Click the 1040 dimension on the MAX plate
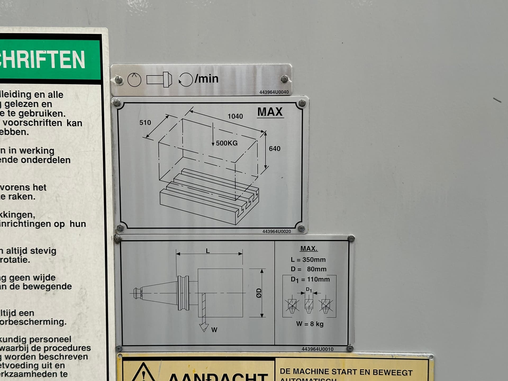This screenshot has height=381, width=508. coord(235,116)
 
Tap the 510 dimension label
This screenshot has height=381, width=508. coord(145,123)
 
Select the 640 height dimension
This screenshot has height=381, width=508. coord(274,149)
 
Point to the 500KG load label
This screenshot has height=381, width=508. coord(226,143)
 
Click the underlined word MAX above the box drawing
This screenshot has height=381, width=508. coord(270,112)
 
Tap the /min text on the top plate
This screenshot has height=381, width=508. coord(207,79)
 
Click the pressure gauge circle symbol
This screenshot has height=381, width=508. coord(134,80)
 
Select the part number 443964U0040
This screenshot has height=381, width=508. coord(274,92)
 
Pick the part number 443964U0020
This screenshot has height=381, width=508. coord(276,231)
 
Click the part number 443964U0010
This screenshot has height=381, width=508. coord(317,349)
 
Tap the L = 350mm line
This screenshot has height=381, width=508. coord(308,260)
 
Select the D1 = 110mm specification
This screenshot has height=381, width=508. coord(310,279)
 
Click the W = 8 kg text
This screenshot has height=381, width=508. coord(310,324)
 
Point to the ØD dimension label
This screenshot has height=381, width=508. coord(259,293)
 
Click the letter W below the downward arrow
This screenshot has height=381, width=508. coord(214,330)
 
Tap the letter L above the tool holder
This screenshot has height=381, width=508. coord(208,251)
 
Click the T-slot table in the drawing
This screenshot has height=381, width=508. coord(209,197)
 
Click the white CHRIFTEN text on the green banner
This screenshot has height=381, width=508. coord(42,60)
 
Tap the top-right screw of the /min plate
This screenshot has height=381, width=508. coord(284,79)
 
